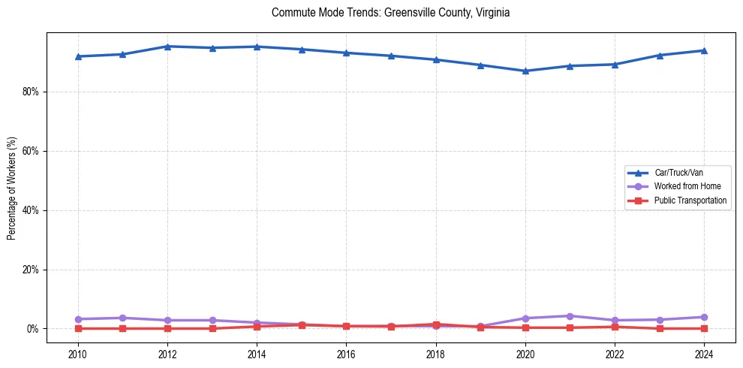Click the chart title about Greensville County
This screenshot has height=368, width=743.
tap(390, 13)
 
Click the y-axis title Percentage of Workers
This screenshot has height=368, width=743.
tap(12, 188)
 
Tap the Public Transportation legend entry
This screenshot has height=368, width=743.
tap(690, 201)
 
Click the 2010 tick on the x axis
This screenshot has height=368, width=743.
tap(78, 353)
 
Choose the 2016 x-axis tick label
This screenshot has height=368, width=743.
tap(346, 353)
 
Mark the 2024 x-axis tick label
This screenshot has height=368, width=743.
tap(704, 353)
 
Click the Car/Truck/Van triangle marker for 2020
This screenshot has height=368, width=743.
tap(525, 71)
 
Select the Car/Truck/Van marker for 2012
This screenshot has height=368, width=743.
tap(167, 47)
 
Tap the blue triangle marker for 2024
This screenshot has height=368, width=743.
tap(704, 50)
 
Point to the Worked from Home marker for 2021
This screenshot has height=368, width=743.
tap(570, 316)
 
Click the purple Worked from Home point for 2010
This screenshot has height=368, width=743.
tap(78, 319)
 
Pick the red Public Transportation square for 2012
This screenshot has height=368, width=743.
tap(167, 328)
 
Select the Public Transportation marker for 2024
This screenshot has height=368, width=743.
tap(704, 328)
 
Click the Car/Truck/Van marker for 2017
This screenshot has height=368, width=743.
tap(391, 56)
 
